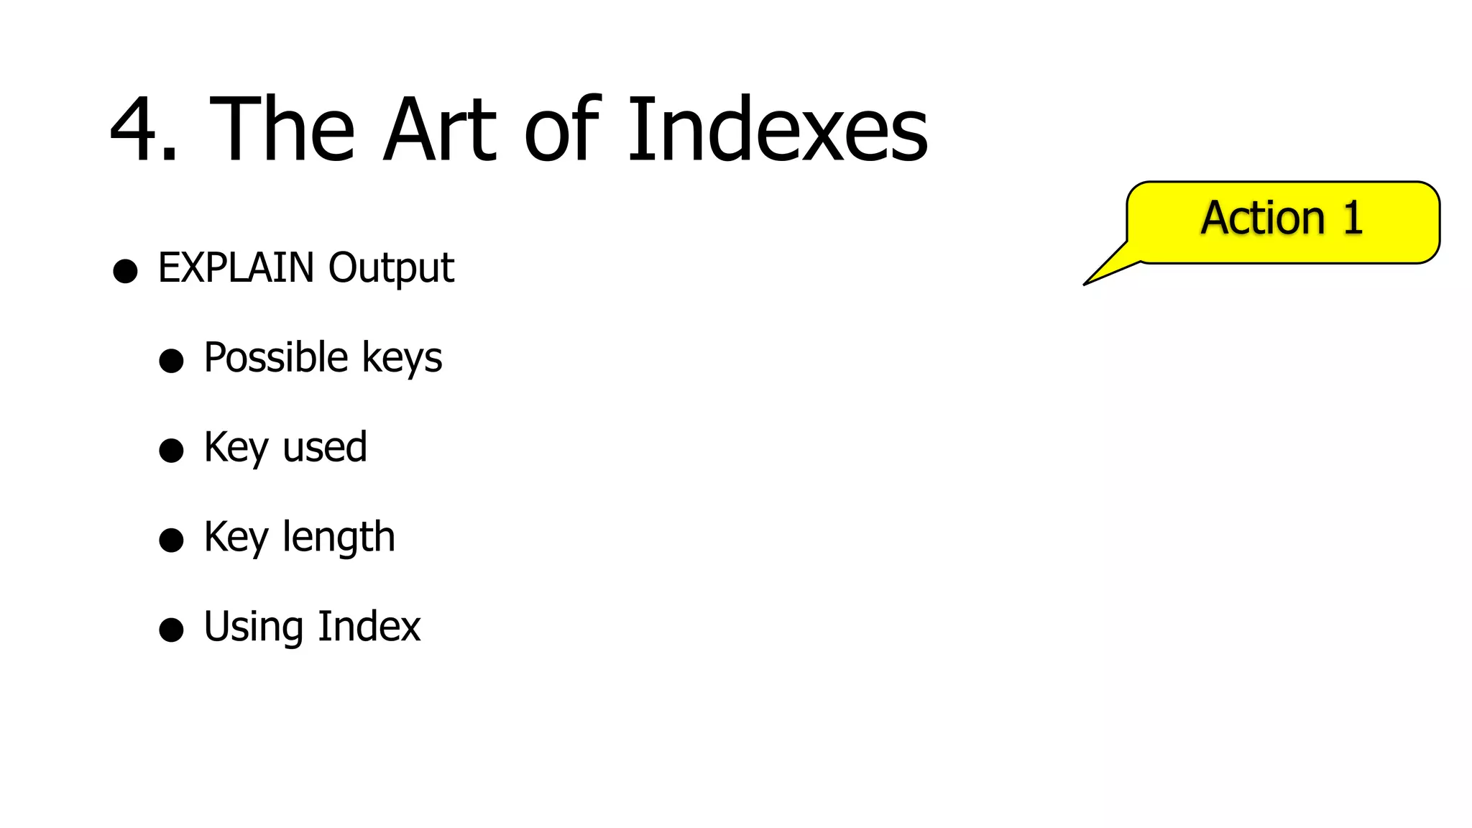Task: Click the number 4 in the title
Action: click(x=137, y=129)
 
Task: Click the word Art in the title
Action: click(x=439, y=129)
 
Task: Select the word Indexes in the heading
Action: click(x=778, y=129)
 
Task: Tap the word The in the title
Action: click(x=282, y=129)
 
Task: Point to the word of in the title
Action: click(x=561, y=129)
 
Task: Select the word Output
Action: click(x=391, y=269)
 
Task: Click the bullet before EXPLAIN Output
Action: click(x=125, y=271)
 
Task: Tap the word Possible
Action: click(x=276, y=357)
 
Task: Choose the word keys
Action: click(x=402, y=359)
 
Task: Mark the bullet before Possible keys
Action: click(x=171, y=361)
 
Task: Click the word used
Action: click(x=325, y=447)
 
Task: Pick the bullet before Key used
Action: click(x=171, y=451)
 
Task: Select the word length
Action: click(x=339, y=538)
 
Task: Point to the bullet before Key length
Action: click(x=171, y=540)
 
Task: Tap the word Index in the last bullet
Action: click(x=369, y=626)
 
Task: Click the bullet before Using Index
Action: click(x=171, y=630)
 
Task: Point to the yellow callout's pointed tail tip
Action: click(x=1085, y=285)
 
